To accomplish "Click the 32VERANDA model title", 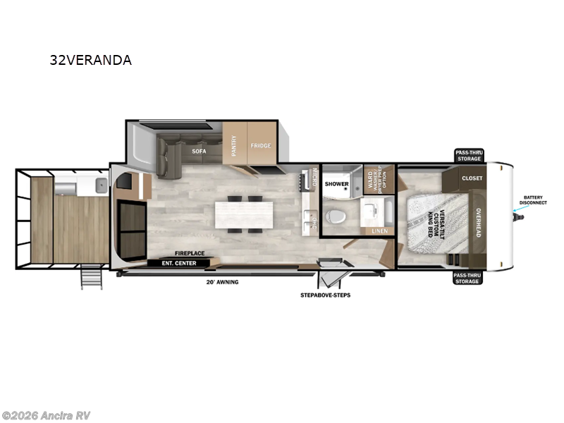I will click(x=90, y=60).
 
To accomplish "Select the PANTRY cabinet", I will click(x=234, y=146).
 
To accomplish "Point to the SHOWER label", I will click(x=336, y=184).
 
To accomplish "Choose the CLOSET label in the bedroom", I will click(x=472, y=178).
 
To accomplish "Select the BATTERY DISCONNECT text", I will click(x=534, y=200).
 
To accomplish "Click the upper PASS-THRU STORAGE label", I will click(x=468, y=155).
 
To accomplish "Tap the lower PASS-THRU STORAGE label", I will click(x=467, y=277).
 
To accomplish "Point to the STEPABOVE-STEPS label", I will click(x=325, y=295).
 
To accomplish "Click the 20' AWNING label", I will click(x=223, y=282).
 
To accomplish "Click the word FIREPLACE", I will click(x=190, y=253).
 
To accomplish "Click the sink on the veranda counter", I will click(x=100, y=187).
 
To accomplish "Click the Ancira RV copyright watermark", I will click(x=46, y=415).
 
